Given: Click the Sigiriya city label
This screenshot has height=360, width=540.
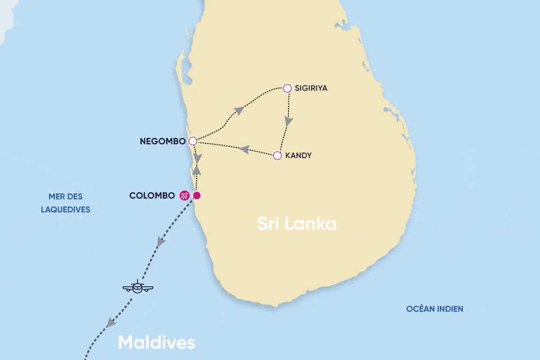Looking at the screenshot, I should (311, 88).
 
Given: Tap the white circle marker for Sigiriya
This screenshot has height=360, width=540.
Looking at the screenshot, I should (287, 88).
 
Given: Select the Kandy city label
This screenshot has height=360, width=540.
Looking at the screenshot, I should (298, 155).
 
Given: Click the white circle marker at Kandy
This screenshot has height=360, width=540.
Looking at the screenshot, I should (277, 155).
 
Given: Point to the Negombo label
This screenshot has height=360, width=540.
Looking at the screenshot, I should (162, 141).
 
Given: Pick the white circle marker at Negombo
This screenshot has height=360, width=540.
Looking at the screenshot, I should (192, 141).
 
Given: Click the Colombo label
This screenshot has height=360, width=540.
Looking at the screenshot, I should (152, 196).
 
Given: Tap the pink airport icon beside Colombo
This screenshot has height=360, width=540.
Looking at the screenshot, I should (185, 196).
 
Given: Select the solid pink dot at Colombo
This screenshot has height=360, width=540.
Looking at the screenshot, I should (197, 196).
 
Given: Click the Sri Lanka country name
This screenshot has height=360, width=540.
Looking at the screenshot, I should (297, 223).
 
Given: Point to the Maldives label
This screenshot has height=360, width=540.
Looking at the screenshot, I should (157, 343).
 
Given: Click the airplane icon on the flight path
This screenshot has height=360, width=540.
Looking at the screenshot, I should (138, 287).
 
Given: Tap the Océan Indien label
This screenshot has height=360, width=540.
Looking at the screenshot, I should (435, 309).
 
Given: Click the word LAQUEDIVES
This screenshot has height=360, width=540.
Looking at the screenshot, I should (65, 209).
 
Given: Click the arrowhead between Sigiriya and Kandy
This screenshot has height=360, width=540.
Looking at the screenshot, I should (287, 121).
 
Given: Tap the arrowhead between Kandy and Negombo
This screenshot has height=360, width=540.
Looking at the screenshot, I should (244, 150).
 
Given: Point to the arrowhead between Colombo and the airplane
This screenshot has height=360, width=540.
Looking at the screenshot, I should (161, 242).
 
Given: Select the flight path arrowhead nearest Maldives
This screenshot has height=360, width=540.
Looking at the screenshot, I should (110, 323).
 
